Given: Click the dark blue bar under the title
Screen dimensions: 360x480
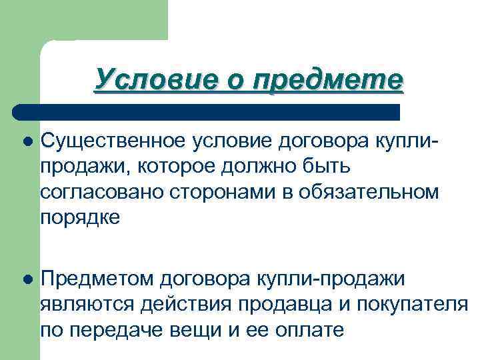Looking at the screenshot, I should (x=207, y=111).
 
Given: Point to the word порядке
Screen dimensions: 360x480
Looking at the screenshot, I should (x=81, y=219).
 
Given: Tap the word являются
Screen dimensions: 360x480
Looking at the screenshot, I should (x=87, y=303).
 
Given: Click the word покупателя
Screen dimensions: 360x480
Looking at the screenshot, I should (x=409, y=303).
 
